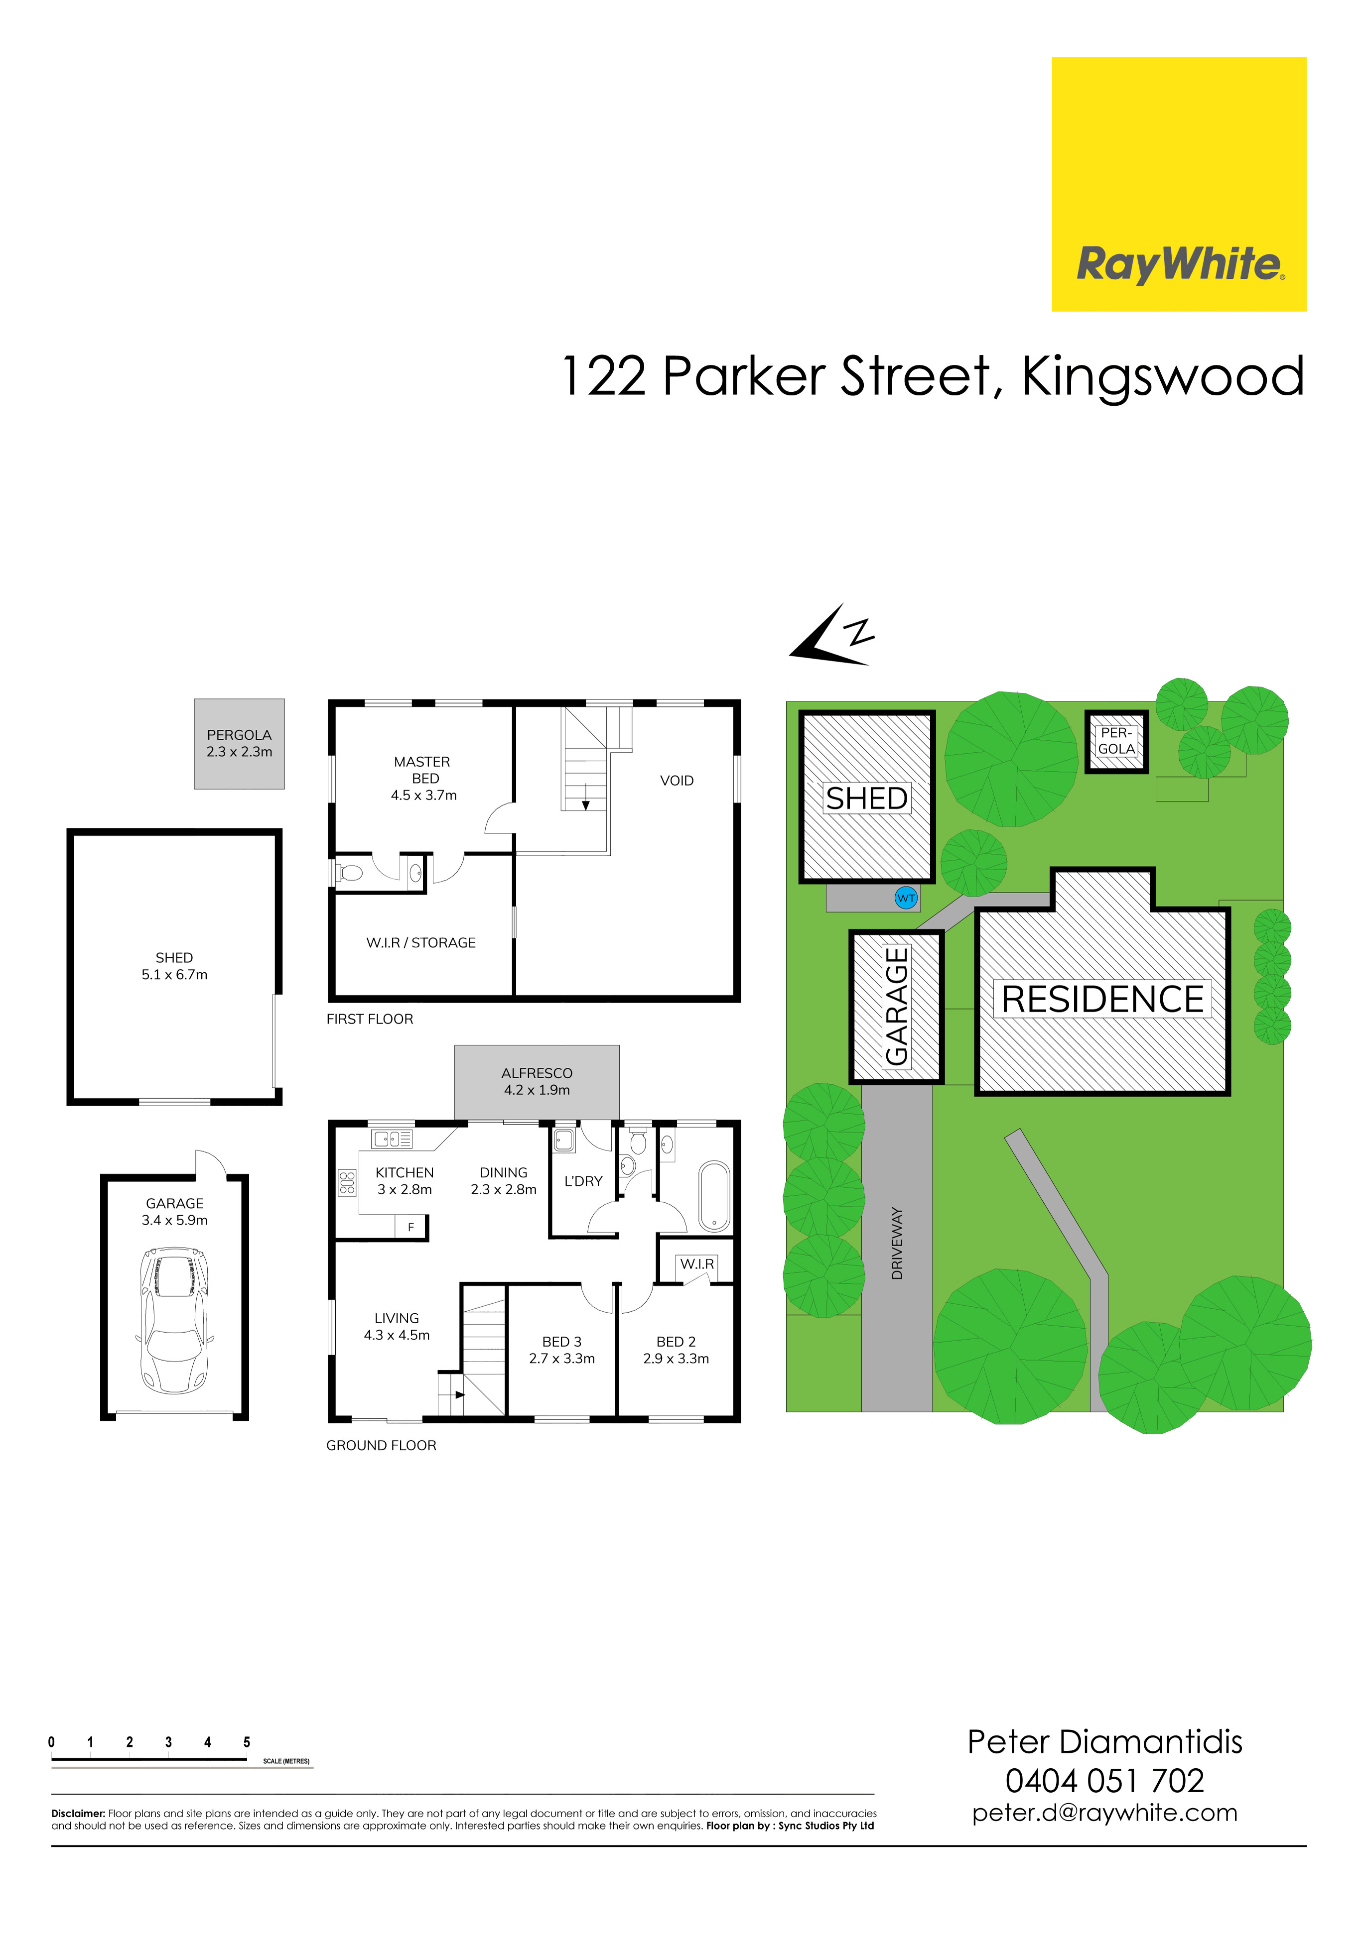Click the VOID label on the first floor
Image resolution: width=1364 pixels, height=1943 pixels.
pyautogui.click(x=677, y=780)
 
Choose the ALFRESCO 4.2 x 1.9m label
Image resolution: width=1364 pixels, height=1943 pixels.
pyautogui.click(x=537, y=1081)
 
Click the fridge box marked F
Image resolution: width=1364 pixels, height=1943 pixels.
pyautogui.click(x=410, y=1226)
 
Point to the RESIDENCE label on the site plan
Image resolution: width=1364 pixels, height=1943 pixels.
pyautogui.click(x=1102, y=1000)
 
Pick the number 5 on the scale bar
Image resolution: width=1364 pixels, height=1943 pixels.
pyautogui.click(x=247, y=1742)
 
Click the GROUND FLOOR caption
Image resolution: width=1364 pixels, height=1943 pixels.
pyautogui.click(x=381, y=1445)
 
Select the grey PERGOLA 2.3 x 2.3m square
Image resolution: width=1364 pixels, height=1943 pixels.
pyautogui.click(x=240, y=743)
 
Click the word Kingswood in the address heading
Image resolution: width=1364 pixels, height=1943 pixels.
pyautogui.click(x=1163, y=376)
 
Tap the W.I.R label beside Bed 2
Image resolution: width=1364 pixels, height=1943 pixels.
pyautogui.click(x=697, y=1263)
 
